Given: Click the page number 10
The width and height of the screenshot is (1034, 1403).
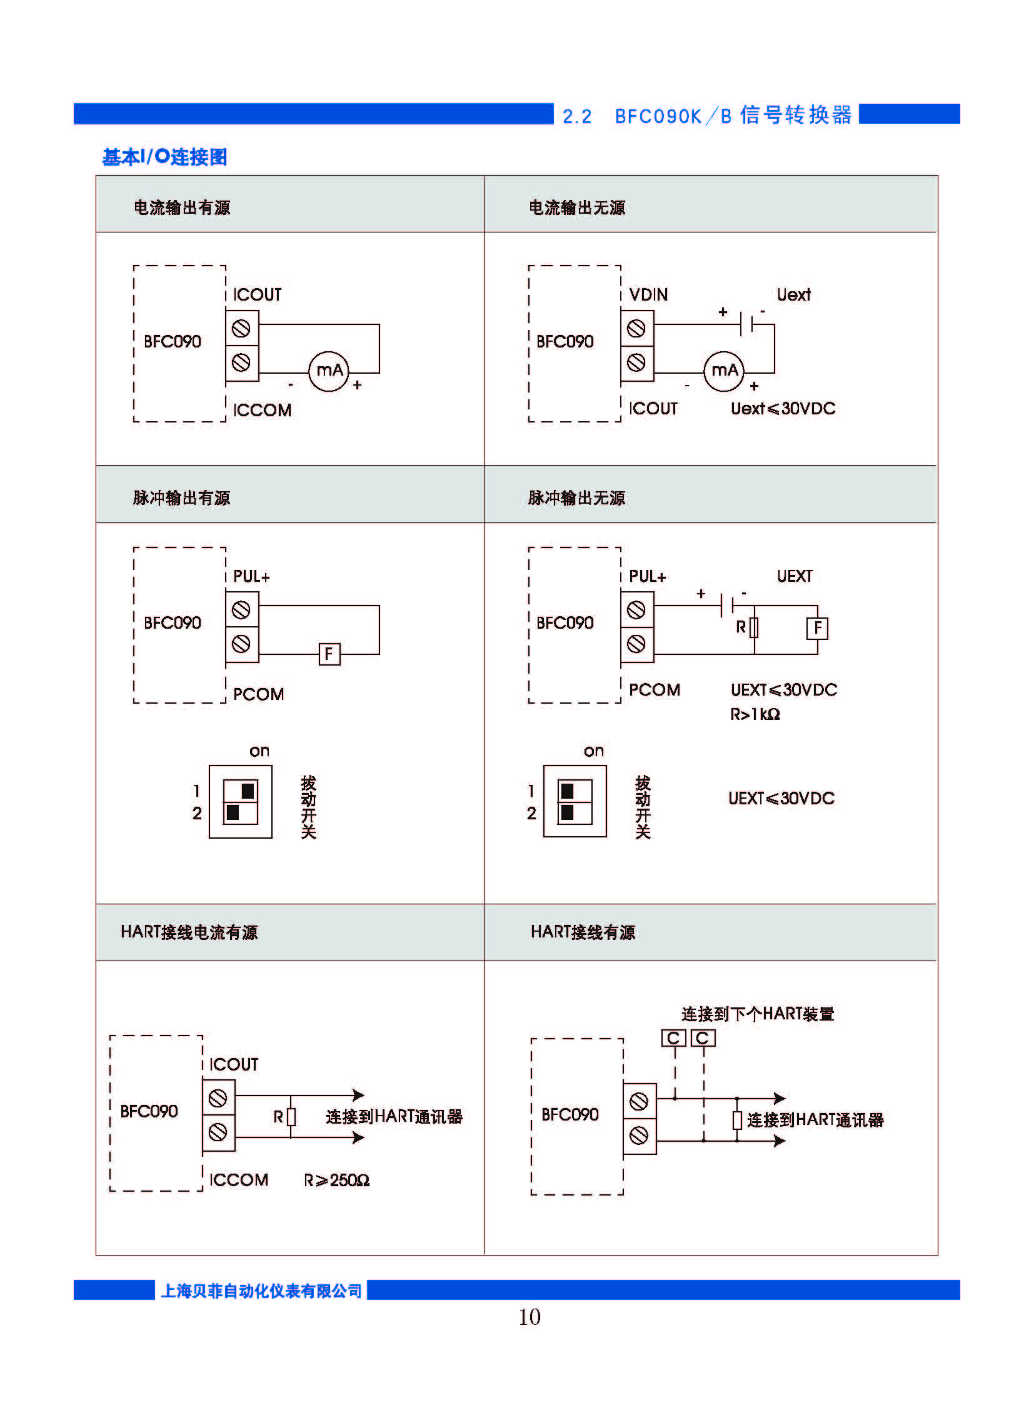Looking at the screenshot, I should pyautogui.click(x=529, y=1317).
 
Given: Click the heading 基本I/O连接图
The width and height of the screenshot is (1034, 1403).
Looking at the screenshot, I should pyautogui.click(x=164, y=156).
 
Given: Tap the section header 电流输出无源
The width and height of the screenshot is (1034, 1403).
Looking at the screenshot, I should pyautogui.click(x=576, y=207).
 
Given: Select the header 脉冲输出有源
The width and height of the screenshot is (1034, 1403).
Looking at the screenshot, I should pyautogui.click(x=181, y=497).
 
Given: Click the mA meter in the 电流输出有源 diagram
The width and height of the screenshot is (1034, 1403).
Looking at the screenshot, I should pyautogui.click(x=329, y=371).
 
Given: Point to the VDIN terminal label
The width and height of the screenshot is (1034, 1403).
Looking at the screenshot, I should pyautogui.click(x=648, y=294).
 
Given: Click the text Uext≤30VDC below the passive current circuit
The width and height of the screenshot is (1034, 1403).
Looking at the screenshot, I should pyautogui.click(x=783, y=409).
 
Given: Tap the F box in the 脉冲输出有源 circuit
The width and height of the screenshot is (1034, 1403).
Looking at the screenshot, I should pyautogui.click(x=329, y=654).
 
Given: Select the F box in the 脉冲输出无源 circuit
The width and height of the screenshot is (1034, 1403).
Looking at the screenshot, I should pyautogui.click(x=817, y=627).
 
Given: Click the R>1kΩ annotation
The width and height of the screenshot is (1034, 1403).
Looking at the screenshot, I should pyautogui.click(x=755, y=714).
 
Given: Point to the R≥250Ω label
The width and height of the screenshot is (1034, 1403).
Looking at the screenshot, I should pyautogui.click(x=337, y=1181).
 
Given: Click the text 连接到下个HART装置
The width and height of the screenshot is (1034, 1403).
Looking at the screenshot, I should pyautogui.click(x=757, y=1014).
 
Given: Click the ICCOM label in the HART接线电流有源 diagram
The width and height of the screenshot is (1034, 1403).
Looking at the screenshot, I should pyautogui.click(x=238, y=1181).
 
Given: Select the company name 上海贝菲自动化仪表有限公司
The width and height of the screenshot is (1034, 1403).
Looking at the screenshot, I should pyautogui.click(x=261, y=1291).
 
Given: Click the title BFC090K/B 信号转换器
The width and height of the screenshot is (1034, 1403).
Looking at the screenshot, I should pyautogui.click(x=733, y=116).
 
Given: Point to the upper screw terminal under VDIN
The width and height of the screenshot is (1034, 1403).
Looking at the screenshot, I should pyautogui.click(x=636, y=329).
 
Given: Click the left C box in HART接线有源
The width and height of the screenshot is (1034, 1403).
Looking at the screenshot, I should pyautogui.click(x=673, y=1038).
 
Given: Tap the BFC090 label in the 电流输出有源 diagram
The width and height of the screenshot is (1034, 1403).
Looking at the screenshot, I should pyautogui.click(x=172, y=341).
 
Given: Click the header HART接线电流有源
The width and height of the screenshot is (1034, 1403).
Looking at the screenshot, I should pyautogui.click(x=189, y=932).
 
